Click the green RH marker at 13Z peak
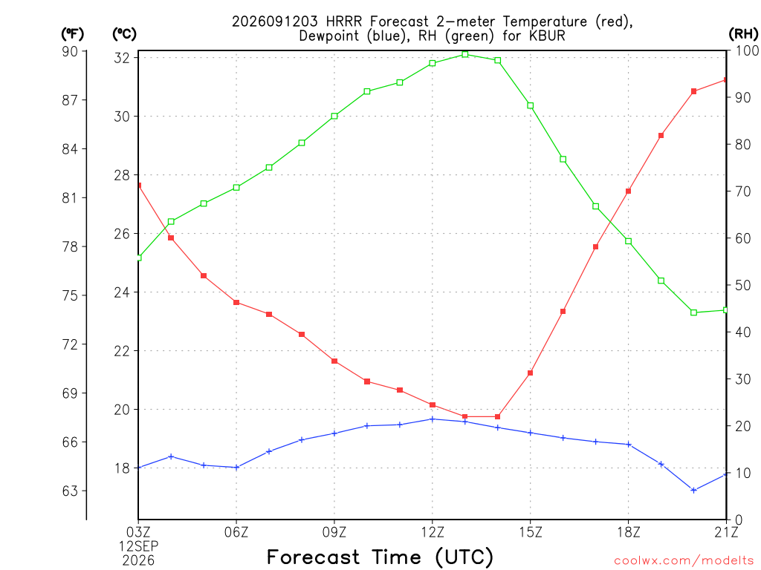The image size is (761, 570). (465, 54)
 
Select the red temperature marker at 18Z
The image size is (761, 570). (628, 191)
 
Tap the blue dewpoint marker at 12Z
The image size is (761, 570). (433, 419)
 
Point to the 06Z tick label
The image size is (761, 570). (236, 532)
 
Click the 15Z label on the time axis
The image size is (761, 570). (531, 532)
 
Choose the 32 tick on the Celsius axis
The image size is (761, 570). (123, 58)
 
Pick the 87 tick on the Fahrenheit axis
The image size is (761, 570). (71, 100)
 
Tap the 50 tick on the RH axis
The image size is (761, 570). (743, 285)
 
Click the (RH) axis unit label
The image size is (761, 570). (743, 34)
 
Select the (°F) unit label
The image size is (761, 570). (72, 34)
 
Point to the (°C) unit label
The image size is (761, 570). (125, 34)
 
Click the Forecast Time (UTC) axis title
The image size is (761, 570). (380, 557)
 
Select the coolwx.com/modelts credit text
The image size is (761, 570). (684, 561)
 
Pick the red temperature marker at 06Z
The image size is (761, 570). (236, 303)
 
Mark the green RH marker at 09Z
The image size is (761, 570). (334, 117)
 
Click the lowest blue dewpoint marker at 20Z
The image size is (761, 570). (693, 491)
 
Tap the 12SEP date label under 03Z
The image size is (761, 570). (139, 546)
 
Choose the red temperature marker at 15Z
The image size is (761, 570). (531, 373)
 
